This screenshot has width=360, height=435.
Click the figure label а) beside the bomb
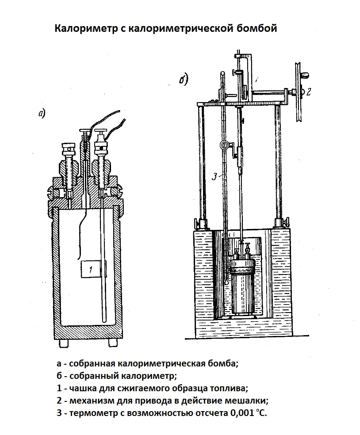pos(42,114)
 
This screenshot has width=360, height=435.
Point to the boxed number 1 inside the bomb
pos(90,269)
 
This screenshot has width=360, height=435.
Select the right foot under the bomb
pos(113,343)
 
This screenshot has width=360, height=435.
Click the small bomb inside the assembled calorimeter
pos(242,283)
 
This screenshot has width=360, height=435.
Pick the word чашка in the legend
pos(83,389)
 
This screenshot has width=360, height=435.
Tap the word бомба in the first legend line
pos(222,364)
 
